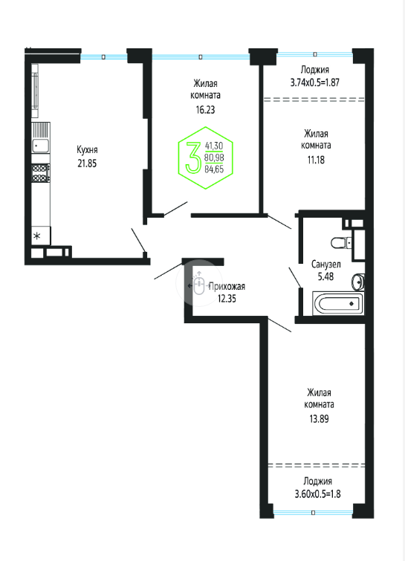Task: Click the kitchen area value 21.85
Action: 87,163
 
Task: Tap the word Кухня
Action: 87,150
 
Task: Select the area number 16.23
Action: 205,109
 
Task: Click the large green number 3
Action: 193,157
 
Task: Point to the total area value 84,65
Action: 214,169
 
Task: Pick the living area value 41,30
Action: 214,146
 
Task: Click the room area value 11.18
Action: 316,160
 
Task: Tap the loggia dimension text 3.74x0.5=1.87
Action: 315,82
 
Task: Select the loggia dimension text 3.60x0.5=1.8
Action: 317,493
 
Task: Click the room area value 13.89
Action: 319,418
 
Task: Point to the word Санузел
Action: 325,265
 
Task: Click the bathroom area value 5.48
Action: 325,276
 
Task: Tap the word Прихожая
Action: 227,286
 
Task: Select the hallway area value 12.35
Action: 227,298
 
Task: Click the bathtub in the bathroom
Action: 338,304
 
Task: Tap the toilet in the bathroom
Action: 341,243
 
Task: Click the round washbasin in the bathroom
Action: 357,282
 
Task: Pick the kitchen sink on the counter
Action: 40,145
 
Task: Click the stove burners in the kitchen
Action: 40,173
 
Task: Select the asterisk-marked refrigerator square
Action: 41,236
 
